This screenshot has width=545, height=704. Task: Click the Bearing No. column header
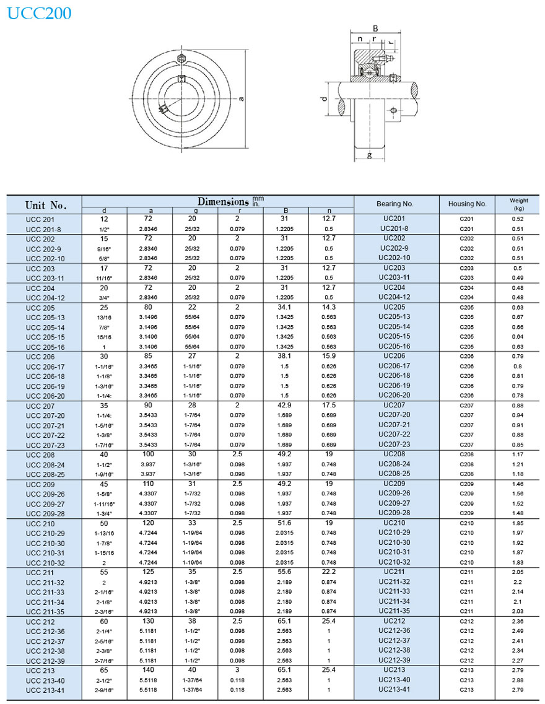pyautogui.click(x=395, y=204)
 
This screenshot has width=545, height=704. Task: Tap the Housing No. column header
pyautogui.click(x=467, y=204)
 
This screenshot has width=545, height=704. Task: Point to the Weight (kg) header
pyautogui.click(x=518, y=204)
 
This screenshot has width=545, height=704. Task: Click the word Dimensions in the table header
pyautogui.click(x=223, y=201)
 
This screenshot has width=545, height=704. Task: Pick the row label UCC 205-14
pyautogui.click(x=45, y=328)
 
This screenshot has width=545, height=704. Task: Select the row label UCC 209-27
pyautogui.click(x=45, y=504)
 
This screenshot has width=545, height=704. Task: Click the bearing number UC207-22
pyautogui.click(x=395, y=435)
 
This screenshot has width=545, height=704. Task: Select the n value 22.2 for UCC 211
pyautogui.click(x=329, y=571)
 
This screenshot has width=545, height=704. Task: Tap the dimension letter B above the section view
pyautogui.click(x=375, y=28)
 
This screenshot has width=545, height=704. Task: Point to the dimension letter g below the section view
pyautogui.click(x=369, y=155)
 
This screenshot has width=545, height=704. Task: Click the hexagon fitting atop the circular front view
pyautogui.click(x=181, y=59)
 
